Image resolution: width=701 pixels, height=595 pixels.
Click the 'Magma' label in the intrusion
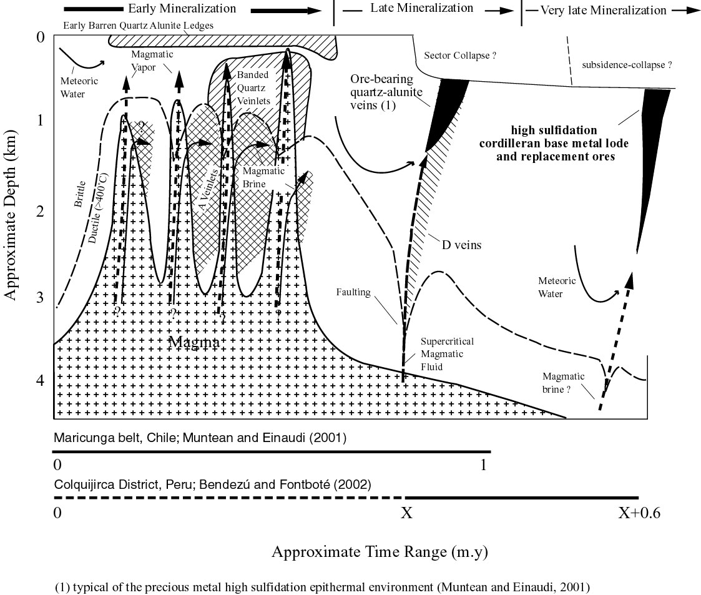point(194,343)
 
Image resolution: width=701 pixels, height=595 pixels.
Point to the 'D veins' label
point(461,245)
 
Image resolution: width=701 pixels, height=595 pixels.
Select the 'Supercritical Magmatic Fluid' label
point(446,354)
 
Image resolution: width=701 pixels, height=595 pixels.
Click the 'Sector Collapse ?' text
point(460,56)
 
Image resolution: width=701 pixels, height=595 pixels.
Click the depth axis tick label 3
point(41,297)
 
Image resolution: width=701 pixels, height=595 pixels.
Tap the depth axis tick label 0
point(41,37)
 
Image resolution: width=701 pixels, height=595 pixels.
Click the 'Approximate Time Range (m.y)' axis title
point(380,552)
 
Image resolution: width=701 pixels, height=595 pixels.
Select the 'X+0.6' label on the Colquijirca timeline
point(639,513)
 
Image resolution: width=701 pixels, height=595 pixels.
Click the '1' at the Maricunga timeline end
point(483,465)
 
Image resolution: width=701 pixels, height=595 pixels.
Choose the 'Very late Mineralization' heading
point(603,10)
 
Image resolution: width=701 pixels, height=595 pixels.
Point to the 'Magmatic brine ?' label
point(563,381)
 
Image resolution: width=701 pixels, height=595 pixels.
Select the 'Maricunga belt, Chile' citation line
point(200,437)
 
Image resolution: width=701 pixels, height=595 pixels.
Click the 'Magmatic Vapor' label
point(152,61)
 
